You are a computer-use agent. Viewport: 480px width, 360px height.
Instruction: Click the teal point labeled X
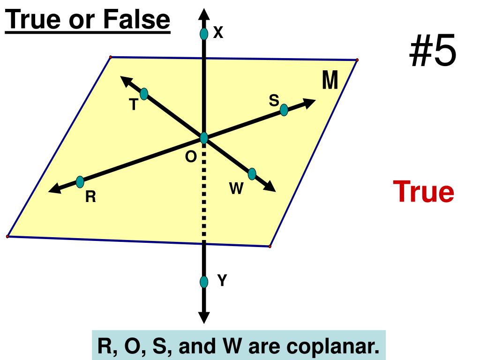point(204,34)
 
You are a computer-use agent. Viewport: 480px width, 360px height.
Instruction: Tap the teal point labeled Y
point(204,282)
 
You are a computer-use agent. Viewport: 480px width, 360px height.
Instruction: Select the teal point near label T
point(144,94)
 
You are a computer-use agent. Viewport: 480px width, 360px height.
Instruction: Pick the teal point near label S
point(284,110)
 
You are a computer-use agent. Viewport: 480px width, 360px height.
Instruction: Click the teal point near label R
point(80,181)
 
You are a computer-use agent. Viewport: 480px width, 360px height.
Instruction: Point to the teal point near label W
point(252,174)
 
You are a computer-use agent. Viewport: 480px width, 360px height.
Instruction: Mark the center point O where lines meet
point(204,138)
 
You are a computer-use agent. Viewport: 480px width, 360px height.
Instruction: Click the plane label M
point(330,81)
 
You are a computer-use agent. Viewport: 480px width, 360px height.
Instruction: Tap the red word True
point(423,192)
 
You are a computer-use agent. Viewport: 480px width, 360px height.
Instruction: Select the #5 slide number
point(432,52)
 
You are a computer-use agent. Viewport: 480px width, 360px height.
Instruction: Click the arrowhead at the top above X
point(204,14)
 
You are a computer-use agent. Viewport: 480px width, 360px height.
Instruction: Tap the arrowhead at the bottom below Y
point(204,318)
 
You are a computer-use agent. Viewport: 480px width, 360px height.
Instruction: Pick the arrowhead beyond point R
point(54,189)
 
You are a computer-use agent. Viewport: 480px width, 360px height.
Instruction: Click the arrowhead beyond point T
point(126,80)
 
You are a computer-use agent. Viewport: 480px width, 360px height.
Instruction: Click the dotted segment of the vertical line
point(204,197)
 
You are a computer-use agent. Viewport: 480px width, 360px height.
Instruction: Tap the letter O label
point(191,157)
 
